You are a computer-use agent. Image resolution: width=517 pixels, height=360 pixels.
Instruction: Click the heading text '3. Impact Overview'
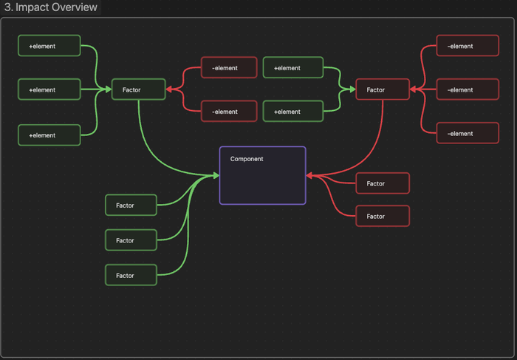[51, 7]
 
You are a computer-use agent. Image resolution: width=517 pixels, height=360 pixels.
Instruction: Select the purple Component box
[262, 175]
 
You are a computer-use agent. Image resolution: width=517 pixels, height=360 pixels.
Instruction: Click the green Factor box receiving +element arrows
[137, 89]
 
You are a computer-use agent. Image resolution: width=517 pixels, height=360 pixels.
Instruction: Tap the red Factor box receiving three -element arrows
[382, 89]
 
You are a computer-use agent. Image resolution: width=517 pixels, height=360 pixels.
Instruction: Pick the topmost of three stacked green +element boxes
[49, 46]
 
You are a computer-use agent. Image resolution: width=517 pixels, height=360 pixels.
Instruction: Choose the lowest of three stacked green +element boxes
[49, 135]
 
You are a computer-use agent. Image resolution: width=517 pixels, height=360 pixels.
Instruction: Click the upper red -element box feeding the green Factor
[229, 68]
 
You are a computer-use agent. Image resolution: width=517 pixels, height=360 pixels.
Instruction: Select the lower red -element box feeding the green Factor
[229, 112]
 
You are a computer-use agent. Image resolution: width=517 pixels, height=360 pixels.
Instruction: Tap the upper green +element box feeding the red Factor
[293, 68]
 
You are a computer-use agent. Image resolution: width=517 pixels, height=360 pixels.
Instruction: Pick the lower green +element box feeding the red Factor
[293, 112]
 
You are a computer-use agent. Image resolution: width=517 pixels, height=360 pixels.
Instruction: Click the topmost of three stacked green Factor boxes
[131, 205]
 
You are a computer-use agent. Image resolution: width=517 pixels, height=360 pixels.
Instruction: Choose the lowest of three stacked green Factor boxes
[131, 275]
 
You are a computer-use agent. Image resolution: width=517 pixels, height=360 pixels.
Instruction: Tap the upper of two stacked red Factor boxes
[383, 183]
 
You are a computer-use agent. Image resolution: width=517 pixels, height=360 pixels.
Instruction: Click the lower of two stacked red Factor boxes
[383, 216]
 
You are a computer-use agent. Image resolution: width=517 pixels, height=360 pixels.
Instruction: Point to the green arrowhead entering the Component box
[216, 175]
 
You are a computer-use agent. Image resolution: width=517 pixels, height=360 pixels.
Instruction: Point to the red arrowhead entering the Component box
[309, 175]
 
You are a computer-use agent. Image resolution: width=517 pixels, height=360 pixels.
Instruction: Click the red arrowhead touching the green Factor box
[169, 89]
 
